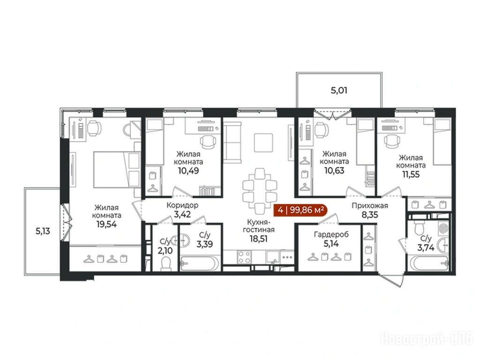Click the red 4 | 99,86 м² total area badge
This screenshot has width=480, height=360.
(x=301, y=210)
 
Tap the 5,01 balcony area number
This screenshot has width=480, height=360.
(x=339, y=90)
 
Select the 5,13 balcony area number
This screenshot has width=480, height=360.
(x=43, y=232)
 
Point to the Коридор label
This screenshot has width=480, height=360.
(x=182, y=205)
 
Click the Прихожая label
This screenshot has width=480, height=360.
(x=369, y=206)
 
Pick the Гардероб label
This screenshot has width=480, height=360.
(x=331, y=234)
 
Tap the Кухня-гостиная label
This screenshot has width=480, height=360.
(x=258, y=225)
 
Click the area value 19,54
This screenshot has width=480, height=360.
(x=106, y=225)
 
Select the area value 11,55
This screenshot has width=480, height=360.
(x=411, y=174)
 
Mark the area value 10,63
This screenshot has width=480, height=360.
(x=334, y=170)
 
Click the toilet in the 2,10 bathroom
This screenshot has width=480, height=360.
(x=166, y=263)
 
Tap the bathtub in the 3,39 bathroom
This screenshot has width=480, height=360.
(x=200, y=264)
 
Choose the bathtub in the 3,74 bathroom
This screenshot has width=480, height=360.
(x=429, y=263)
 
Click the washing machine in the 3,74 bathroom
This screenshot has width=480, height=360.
(x=442, y=228)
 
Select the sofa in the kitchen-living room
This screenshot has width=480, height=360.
(x=232, y=141)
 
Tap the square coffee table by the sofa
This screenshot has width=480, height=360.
(x=263, y=142)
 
